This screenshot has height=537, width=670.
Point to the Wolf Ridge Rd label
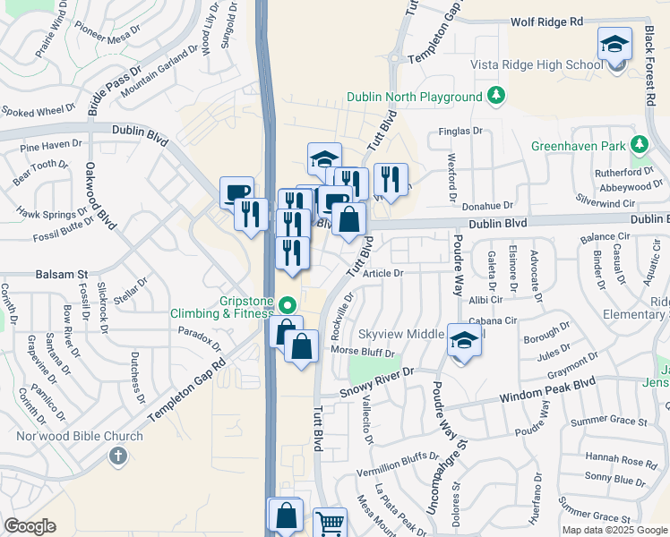tap(546, 21)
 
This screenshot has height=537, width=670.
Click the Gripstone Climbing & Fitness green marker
tap(287, 304)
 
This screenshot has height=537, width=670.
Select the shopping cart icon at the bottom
tap(331, 523)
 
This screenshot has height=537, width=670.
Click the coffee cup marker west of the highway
tap(237, 192)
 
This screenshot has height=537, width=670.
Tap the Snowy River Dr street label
tap(376, 382)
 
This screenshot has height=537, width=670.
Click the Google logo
tap(30, 526)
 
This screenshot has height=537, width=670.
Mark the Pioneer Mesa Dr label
tap(107, 35)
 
